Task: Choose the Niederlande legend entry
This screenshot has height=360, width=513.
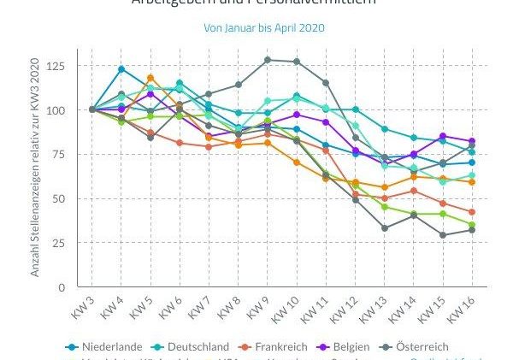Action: pyautogui.click(x=106, y=346)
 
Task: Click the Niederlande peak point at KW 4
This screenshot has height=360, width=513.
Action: pyautogui.click(x=121, y=69)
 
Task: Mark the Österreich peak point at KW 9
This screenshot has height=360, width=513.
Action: pyautogui.click(x=268, y=60)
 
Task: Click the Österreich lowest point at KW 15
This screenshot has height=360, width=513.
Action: pyautogui.click(x=443, y=235)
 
